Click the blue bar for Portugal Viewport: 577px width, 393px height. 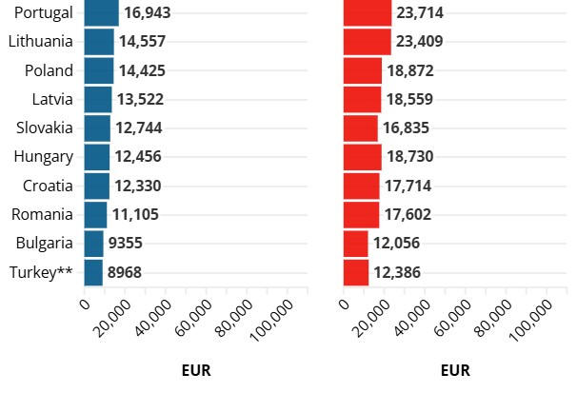101,12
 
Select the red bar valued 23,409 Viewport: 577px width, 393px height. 367,42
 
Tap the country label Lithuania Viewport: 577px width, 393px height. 40,42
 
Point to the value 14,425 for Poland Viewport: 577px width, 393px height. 142,70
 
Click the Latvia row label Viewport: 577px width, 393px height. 52,99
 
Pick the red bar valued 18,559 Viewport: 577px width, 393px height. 362,99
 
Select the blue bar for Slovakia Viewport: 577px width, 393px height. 96,128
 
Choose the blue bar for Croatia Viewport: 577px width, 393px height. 96,186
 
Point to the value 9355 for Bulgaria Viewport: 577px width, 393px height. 125,244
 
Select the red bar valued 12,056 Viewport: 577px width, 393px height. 355,244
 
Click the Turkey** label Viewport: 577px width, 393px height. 41,273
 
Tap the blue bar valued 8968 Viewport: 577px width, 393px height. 93,273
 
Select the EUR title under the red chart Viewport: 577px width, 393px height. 455,370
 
